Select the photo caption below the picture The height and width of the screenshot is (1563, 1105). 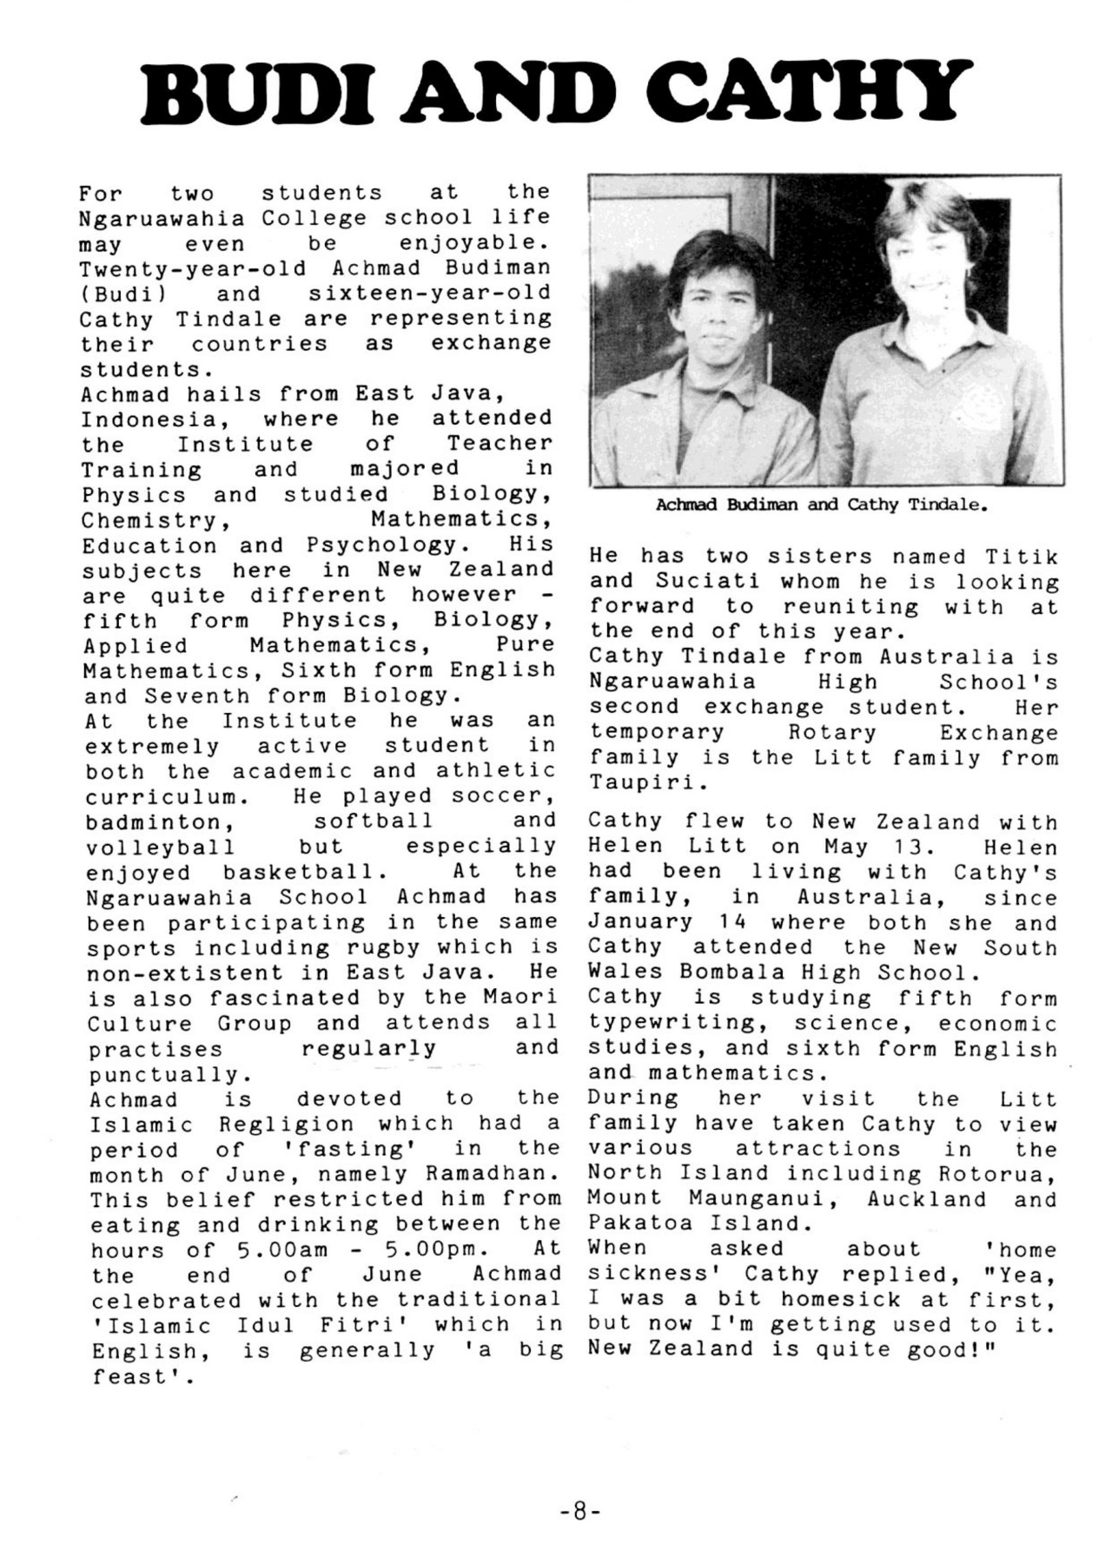pos(821,505)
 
